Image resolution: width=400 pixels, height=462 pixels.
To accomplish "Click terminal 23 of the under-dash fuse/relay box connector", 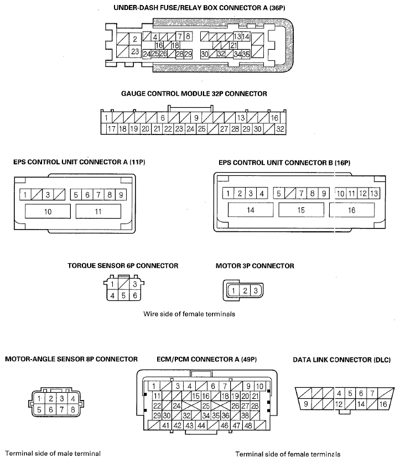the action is point(135,51).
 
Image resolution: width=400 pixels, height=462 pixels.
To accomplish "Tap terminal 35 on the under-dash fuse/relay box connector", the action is point(246,54).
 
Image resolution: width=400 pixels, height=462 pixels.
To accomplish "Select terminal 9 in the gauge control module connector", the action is point(196,118).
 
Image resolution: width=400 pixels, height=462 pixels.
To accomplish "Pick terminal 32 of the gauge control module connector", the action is point(280,129).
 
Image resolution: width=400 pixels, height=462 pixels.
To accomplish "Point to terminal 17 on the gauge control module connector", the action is point(112,129).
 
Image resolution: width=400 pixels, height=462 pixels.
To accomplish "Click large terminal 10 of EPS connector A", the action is point(48,211).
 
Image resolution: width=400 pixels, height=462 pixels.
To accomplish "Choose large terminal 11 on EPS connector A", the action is point(98,211).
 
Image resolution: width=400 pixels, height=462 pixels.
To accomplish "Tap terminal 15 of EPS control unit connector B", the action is point(301,210).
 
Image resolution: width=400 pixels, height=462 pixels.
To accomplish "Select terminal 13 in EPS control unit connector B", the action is point(374,193).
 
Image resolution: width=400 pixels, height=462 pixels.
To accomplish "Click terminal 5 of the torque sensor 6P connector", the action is point(123,295).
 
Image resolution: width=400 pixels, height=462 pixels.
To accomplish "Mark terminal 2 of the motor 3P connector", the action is point(245,291).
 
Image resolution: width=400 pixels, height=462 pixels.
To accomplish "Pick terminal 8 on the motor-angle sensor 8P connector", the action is point(73,409).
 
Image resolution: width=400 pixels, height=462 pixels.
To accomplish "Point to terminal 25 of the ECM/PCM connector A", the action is point(205,406).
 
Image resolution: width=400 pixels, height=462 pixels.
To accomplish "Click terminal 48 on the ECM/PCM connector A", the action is point(248,425).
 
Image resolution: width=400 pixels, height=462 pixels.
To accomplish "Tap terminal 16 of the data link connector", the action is point(383,404).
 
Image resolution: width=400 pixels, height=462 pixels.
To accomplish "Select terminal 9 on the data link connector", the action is point(306,404).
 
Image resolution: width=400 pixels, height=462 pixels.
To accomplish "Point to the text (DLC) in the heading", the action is point(382,360).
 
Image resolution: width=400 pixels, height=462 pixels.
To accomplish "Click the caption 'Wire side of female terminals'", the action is point(189,314).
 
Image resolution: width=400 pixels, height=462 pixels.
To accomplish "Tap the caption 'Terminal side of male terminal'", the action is point(53,454).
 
